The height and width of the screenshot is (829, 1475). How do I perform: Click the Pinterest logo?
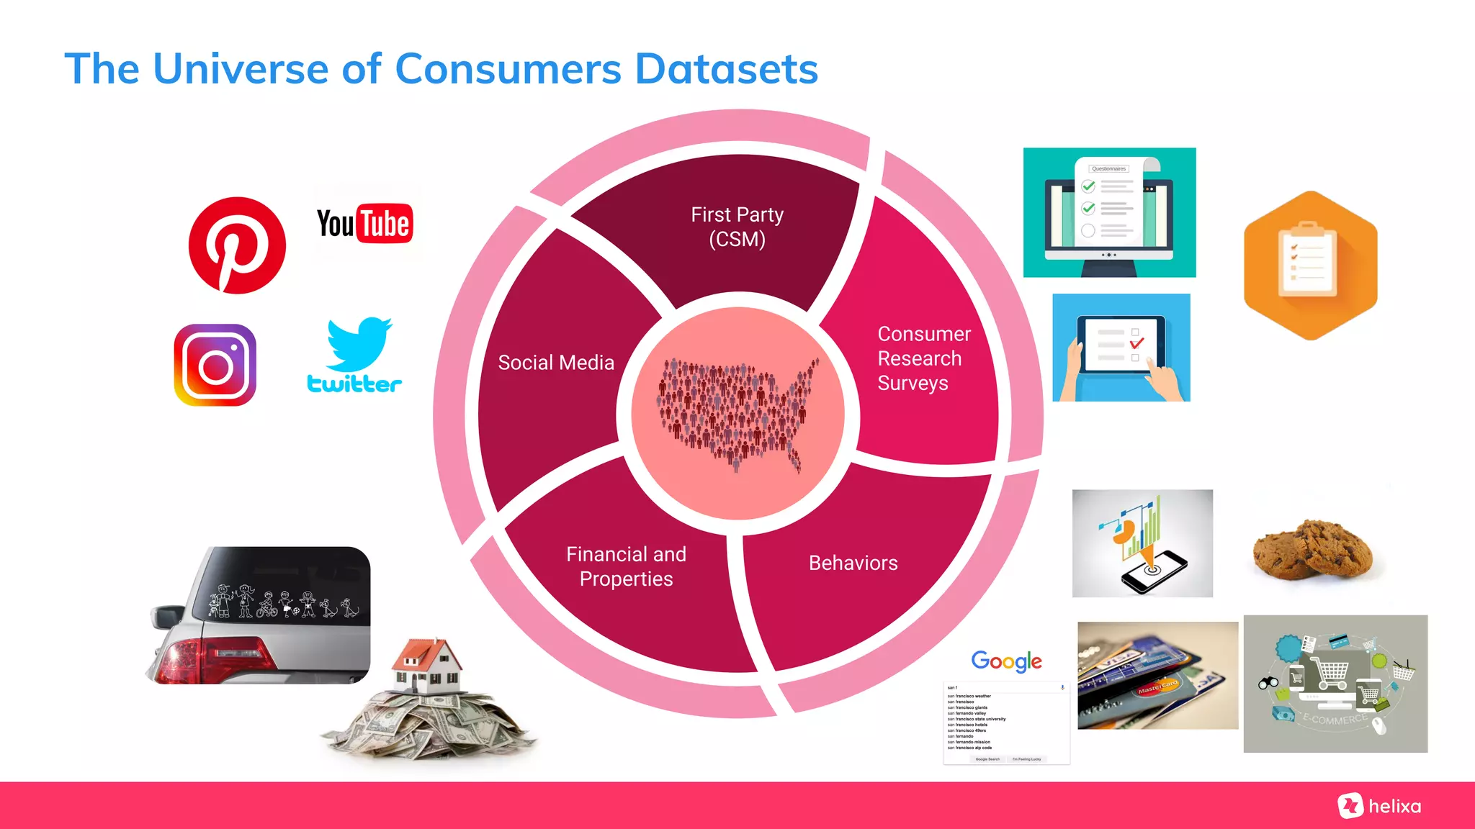(x=237, y=245)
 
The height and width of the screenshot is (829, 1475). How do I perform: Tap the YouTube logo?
(x=365, y=224)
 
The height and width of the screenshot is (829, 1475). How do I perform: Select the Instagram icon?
(x=215, y=365)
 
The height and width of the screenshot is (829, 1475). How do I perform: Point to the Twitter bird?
(x=358, y=344)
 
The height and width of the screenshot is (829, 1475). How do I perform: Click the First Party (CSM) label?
(x=737, y=227)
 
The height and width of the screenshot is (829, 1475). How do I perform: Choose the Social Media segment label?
(x=556, y=363)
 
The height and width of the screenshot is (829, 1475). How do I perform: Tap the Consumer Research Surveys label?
(x=923, y=358)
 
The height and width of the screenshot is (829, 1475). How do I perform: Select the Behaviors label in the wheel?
(x=853, y=563)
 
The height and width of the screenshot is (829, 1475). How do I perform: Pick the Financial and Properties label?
(x=626, y=566)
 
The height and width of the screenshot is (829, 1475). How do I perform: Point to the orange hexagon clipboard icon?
(x=1310, y=266)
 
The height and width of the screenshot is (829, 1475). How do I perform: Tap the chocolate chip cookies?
(x=1312, y=551)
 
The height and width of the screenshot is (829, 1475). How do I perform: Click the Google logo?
(x=1006, y=661)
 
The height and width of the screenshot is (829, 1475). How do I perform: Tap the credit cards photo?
(x=1157, y=676)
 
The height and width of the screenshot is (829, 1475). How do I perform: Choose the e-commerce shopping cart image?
(x=1335, y=684)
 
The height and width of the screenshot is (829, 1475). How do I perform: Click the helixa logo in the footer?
(x=1380, y=806)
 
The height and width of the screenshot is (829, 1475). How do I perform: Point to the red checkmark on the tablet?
(x=1136, y=343)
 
